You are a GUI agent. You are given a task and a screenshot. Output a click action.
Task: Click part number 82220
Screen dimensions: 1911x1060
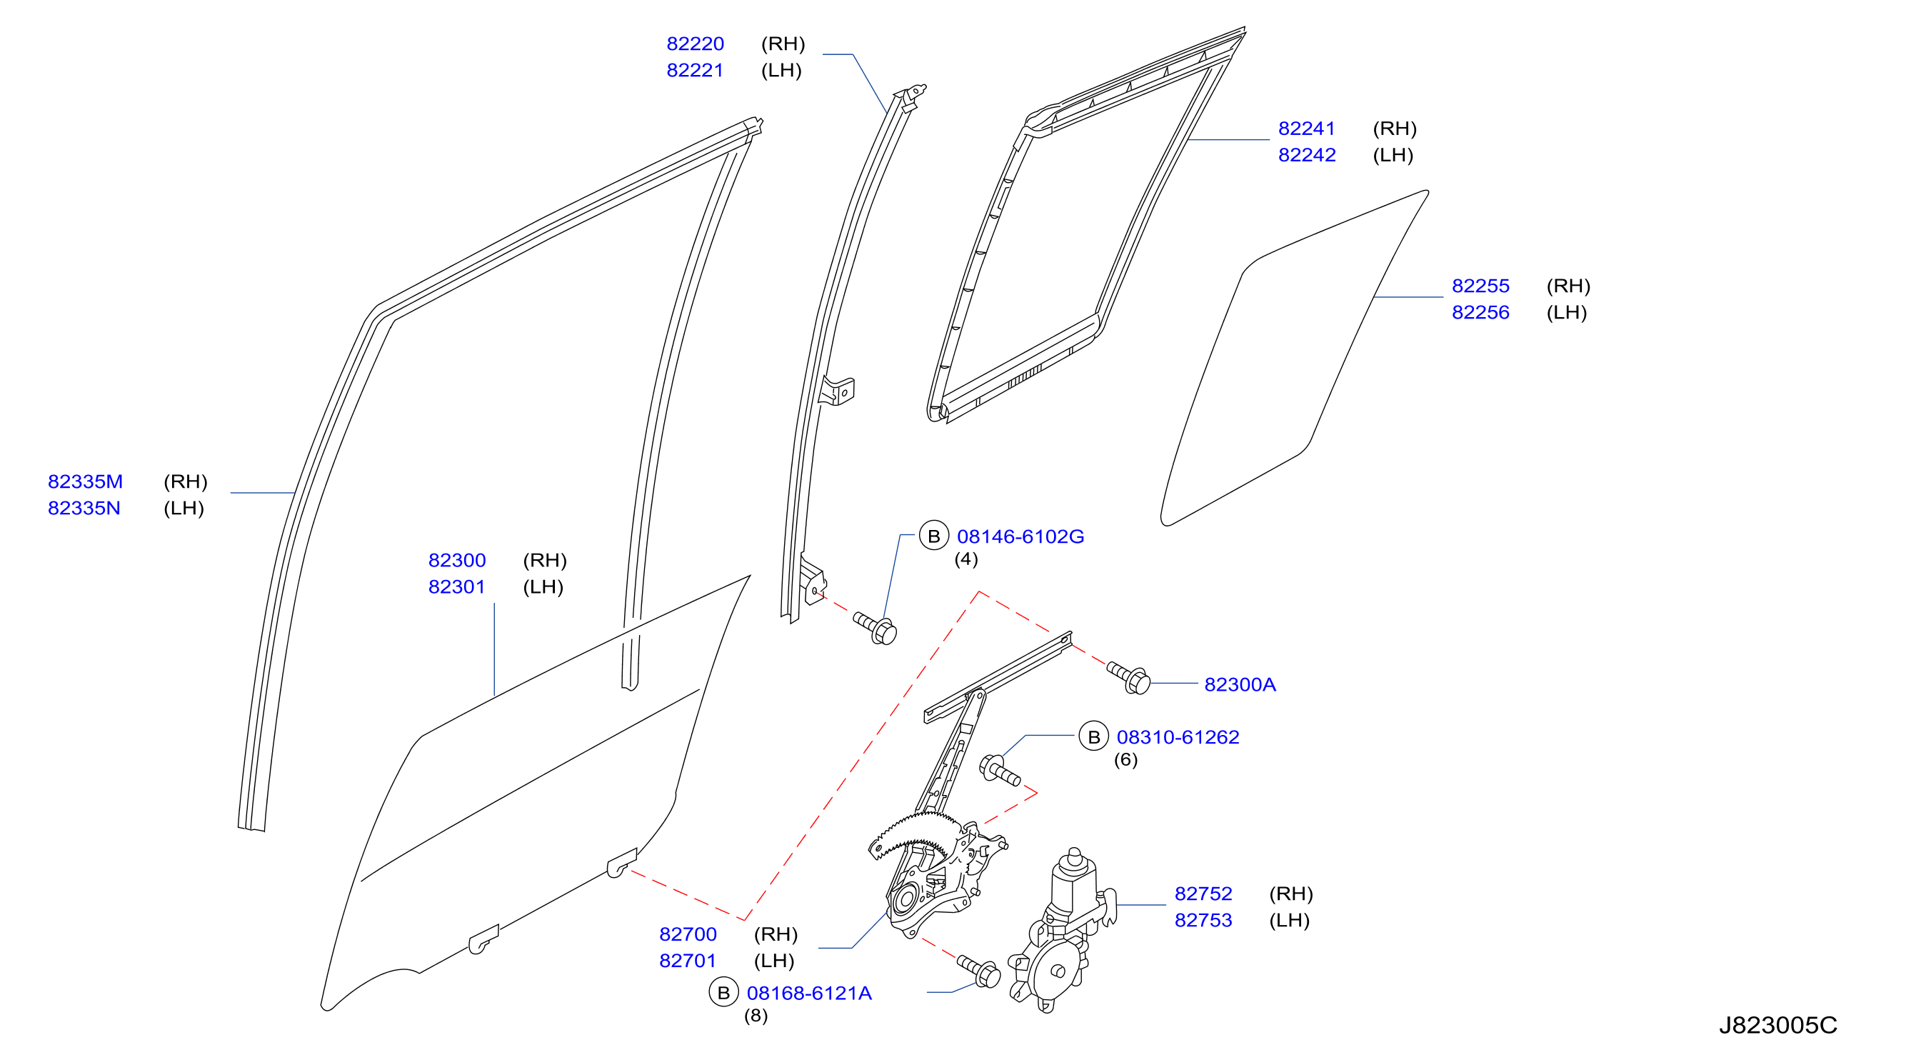694,44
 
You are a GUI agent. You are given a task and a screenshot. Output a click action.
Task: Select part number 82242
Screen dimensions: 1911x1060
1306,155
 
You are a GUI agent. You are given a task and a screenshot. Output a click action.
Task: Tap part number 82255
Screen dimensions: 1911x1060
1480,286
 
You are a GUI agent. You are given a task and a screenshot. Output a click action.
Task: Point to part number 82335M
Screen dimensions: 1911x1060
85,481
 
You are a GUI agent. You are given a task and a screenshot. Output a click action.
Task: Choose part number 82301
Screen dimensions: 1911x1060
456,586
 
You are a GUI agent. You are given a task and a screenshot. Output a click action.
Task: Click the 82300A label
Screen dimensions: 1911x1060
1240,685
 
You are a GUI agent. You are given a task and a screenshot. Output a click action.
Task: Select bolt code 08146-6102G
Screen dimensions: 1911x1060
1020,536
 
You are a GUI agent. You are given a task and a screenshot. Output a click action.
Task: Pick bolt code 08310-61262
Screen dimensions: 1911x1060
1178,737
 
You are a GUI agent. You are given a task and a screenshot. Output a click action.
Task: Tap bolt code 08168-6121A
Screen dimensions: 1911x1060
808,994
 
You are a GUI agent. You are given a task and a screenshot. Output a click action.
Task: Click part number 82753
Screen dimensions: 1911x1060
1203,920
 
